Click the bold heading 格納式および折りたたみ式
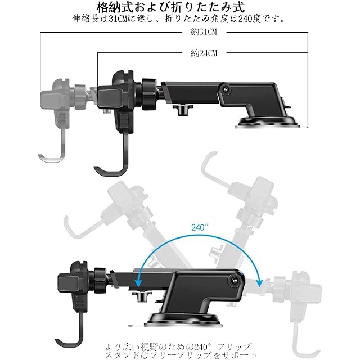[179, 7]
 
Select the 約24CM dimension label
[204, 53]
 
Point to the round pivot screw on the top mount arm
[226, 89]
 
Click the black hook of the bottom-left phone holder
[79, 332]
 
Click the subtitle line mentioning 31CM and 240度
[179, 19]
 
